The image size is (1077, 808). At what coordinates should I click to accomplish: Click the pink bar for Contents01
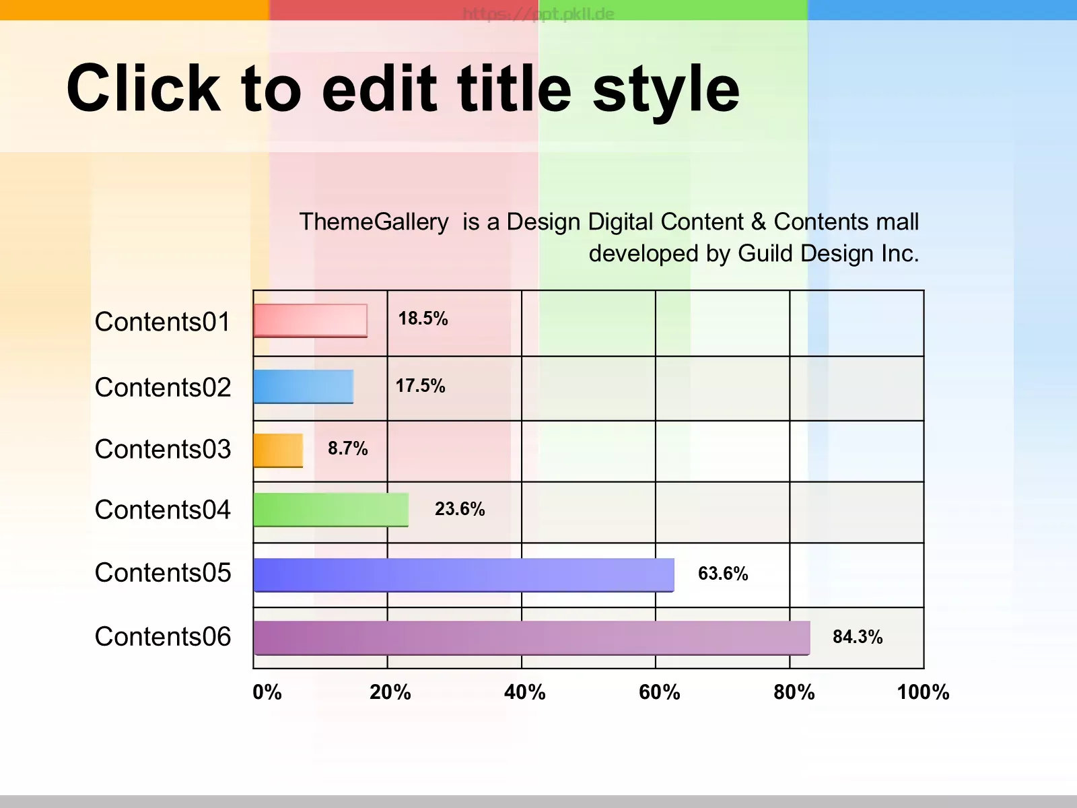[310, 321]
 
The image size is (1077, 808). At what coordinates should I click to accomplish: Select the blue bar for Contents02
[304, 386]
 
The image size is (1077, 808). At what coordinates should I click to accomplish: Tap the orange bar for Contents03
[278, 450]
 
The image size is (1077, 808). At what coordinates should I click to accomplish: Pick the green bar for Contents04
[331, 510]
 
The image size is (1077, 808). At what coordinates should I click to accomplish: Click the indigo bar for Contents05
[464, 575]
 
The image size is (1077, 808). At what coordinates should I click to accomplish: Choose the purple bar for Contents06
[532, 638]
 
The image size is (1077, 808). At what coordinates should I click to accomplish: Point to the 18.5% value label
[423, 318]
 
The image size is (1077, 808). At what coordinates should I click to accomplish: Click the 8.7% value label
[348, 448]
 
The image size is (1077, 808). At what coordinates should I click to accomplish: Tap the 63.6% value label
[723, 574]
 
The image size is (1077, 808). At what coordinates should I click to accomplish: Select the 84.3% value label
[858, 637]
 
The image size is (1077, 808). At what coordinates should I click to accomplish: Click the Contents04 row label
[162, 510]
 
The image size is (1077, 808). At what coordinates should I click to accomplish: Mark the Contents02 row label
[162, 388]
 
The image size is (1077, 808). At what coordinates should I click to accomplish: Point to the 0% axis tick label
[267, 692]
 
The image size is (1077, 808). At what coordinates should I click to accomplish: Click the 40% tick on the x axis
[525, 692]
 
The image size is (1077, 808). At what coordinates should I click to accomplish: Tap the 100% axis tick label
[924, 692]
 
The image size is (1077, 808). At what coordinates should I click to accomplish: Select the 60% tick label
[660, 692]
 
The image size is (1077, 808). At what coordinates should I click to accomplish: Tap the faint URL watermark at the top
[538, 13]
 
